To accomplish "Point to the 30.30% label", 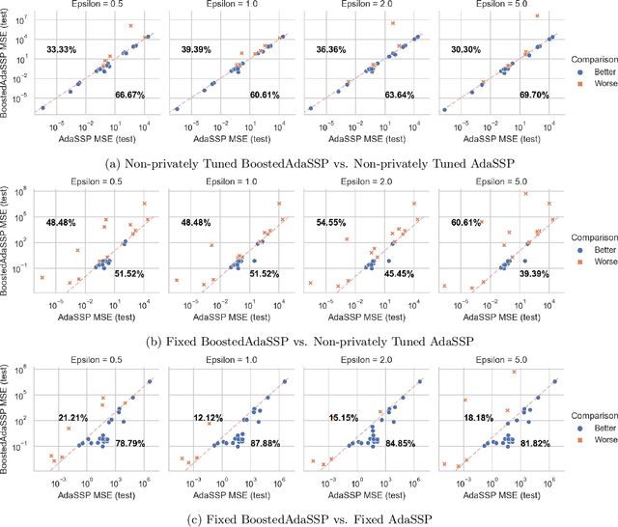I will [465, 48].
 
